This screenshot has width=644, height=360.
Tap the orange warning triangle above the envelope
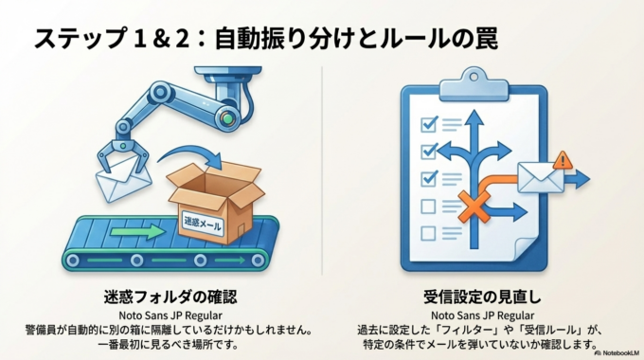coord(563,159)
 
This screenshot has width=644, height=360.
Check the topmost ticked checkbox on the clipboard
coord(428,123)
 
